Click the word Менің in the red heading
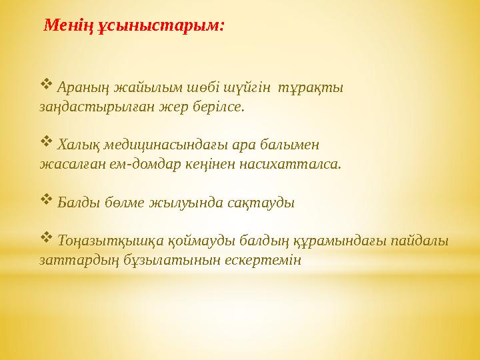pos(65,26)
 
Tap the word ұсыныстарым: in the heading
pos(157,26)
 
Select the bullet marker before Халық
pos(46,141)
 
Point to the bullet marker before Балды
pos(46,199)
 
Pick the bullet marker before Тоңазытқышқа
pos(46,237)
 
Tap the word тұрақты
pos(311,87)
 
